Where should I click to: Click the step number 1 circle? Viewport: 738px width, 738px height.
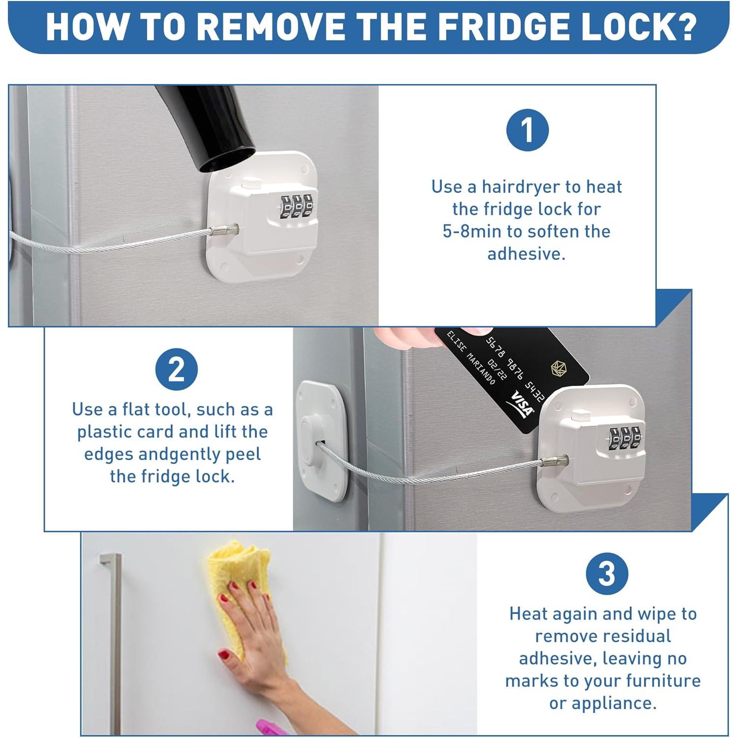(527, 130)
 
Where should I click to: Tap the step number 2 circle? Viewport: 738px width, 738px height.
(176, 369)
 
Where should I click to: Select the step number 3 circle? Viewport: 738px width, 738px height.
(607, 574)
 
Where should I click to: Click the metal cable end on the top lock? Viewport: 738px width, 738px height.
(224, 230)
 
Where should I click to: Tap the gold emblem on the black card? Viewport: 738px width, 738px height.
(558, 368)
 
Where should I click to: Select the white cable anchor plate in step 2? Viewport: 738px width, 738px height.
(321, 440)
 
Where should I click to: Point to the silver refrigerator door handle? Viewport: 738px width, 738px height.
(114, 640)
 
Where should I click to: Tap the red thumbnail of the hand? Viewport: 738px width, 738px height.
(223, 655)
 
